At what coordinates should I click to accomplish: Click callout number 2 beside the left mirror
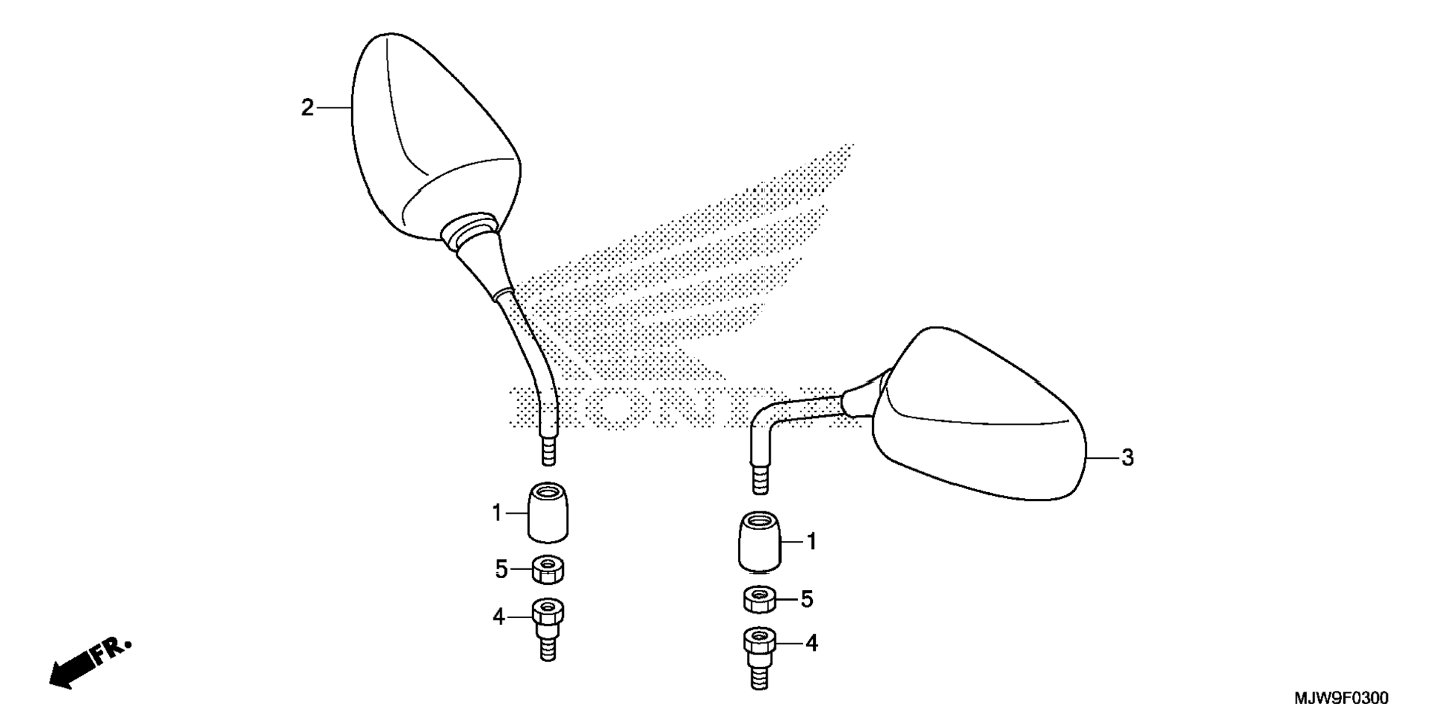[x=307, y=108]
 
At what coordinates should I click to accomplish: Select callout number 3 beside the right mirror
[x=1127, y=458]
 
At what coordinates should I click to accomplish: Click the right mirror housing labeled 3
[x=978, y=422]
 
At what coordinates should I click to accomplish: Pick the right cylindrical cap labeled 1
[x=759, y=542]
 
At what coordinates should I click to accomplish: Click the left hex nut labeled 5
[x=548, y=570]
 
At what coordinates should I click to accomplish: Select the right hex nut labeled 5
[x=759, y=599]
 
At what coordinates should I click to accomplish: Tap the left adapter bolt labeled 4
[x=548, y=626]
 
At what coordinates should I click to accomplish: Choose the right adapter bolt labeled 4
[x=759, y=656]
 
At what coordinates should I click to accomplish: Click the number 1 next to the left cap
[x=497, y=513]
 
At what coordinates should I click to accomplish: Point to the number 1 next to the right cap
[x=811, y=543]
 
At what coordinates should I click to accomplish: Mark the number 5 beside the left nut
[x=502, y=570]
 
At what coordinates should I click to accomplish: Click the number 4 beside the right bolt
[x=811, y=643]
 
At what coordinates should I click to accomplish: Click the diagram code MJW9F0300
[x=1341, y=698]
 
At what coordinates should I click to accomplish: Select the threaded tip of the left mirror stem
[x=548, y=451]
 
